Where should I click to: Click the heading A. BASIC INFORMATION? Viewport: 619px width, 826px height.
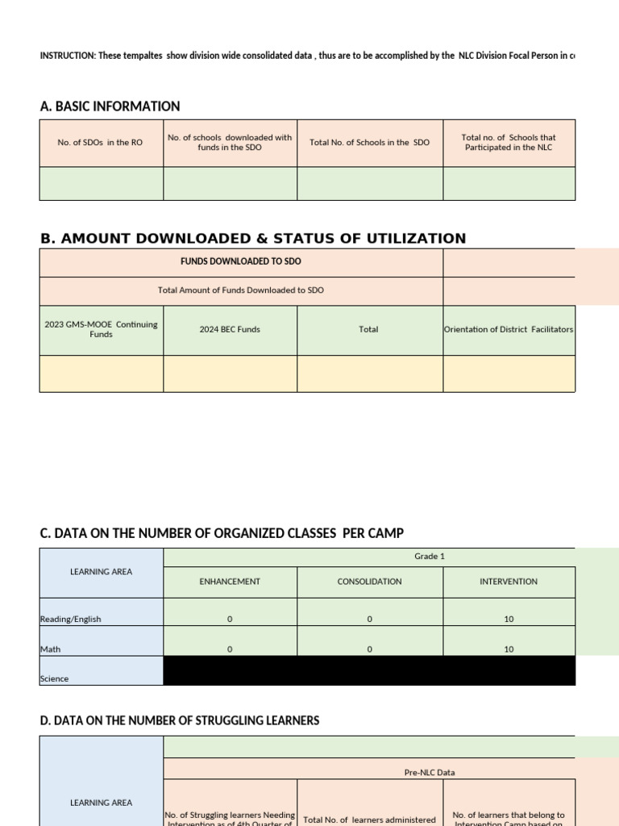pos(110,106)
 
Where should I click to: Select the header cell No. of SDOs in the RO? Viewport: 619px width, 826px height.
pos(100,143)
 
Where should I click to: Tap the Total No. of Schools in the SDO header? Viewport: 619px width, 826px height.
pos(369,143)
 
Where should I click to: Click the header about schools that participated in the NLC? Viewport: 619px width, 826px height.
pos(509,143)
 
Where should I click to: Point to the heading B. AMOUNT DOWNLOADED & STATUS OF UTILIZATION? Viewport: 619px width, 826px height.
pos(253,239)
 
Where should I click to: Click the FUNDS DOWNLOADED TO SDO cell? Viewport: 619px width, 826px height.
pos(241,262)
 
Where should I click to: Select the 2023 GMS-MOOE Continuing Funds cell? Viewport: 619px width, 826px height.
pos(101,329)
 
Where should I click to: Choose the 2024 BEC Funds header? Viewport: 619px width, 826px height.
pos(230,330)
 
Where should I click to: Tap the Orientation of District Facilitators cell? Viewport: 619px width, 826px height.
pos(509,329)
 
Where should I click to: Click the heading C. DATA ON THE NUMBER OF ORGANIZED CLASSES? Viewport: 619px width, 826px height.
pos(222,533)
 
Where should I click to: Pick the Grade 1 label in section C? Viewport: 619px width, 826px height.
pos(430,557)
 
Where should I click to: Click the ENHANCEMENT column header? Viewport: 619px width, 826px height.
pos(230,582)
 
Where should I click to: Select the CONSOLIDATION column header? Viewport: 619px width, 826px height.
pos(369,582)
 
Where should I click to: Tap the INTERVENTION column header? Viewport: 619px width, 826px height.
pos(509,582)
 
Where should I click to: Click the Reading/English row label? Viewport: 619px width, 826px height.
pos(71,619)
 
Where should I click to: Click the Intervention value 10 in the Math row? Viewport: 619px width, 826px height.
pos(509,649)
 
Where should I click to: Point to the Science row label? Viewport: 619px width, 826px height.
pos(55,679)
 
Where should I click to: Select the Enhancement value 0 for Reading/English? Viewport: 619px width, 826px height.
pos(230,619)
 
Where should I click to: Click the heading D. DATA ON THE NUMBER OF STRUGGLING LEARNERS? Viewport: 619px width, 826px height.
pos(180,720)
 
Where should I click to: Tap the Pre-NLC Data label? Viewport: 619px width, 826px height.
pos(430,773)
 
